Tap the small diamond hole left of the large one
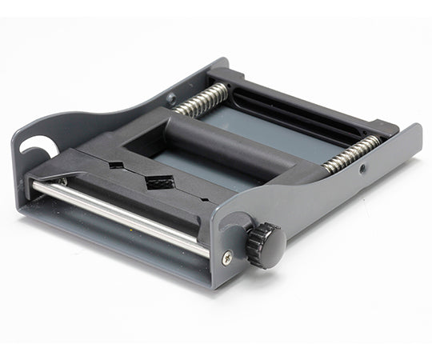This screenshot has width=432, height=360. click(x=116, y=166)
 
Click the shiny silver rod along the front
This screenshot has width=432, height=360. click(x=120, y=215)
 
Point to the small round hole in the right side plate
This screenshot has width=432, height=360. click(x=362, y=170)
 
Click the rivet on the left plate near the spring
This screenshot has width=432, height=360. click(x=170, y=98)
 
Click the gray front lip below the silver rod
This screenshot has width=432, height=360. click(x=112, y=240)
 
